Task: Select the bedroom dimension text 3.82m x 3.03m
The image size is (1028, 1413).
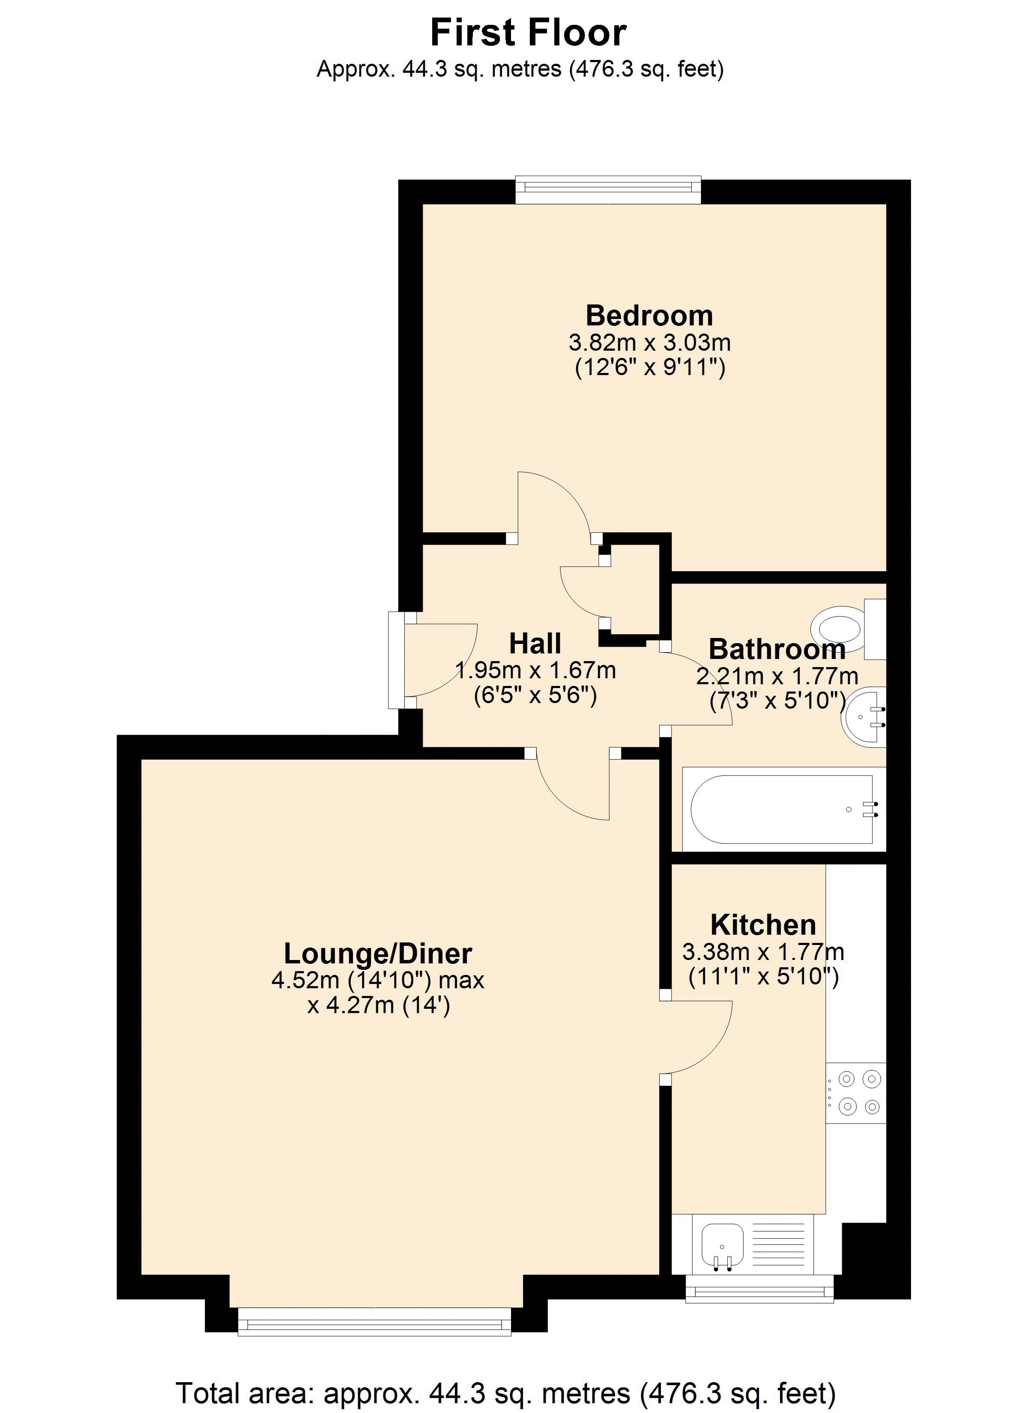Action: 649,342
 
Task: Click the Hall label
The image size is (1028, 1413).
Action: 535,643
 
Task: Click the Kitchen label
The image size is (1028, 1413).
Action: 763,924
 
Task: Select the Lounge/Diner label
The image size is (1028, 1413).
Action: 378,953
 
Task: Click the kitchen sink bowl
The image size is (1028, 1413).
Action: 722,1246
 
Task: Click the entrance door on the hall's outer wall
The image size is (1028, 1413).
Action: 397,660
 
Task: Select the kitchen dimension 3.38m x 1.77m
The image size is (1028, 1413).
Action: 763,951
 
